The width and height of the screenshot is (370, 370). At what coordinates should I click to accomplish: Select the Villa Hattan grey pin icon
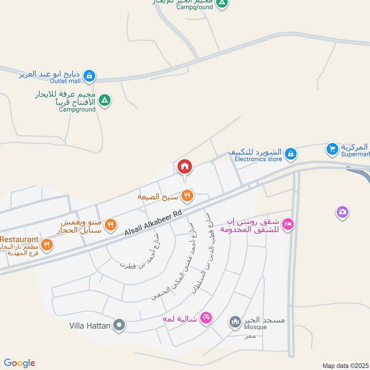click(119, 326)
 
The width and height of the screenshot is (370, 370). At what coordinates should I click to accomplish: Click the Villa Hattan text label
click(90, 326)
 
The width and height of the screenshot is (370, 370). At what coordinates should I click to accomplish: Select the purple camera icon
click(342, 212)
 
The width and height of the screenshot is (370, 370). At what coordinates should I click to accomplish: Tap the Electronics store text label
click(258, 159)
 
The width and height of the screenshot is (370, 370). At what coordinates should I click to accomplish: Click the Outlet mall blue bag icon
click(90, 75)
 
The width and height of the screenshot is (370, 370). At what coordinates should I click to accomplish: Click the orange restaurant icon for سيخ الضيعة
click(187, 196)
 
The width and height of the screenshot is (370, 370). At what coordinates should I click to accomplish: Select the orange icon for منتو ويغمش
click(110, 225)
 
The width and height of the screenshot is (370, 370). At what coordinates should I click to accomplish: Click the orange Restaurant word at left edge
click(19, 239)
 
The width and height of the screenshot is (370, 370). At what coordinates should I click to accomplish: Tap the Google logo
click(19, 363)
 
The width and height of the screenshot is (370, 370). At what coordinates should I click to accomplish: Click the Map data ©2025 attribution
click(345, 365)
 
